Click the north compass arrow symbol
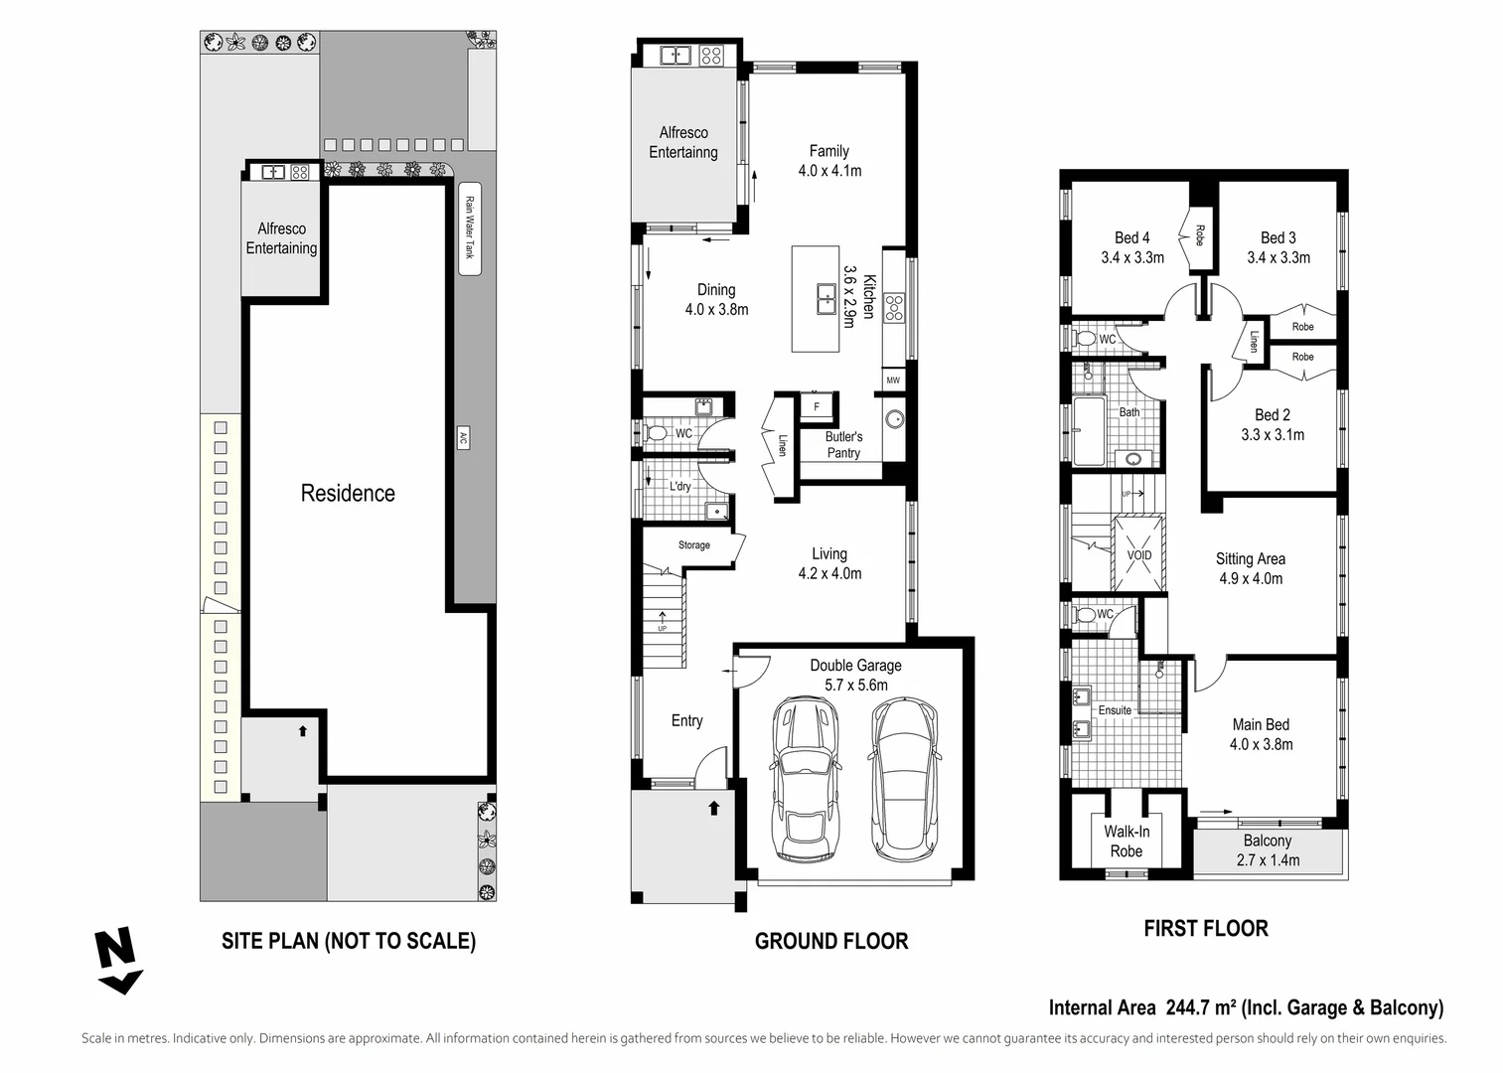[x=118, y=961]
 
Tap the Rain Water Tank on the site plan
[x=470, y=229]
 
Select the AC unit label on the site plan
[x=463, y=437]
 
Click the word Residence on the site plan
[x=348, y=493]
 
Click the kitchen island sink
[x=827, y=298]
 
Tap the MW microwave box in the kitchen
[x=893, y=381]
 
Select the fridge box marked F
[x=817, y=406]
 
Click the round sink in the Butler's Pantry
[x=894, y=418]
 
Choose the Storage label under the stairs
[x=694, y=545]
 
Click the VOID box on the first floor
[x=1139, y=555]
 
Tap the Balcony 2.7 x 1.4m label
[x=1268, y=850]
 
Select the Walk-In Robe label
[x=1126, y=842]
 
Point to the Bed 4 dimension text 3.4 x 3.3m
[x=1132, y=257]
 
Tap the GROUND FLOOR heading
[x=831, y=941]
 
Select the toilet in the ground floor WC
[x=656, y=433]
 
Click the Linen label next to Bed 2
[x=1254, y=341]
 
